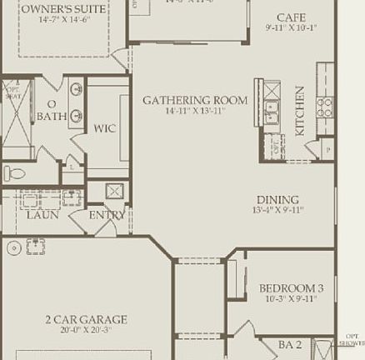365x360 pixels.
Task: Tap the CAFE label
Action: pyautogui.click(x=292, y=17)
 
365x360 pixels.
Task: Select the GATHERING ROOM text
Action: pyautogui.click(x=194, y=100)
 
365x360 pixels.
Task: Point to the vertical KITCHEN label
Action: pyautogui.click(x=300, y=111)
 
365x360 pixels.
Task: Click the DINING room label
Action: pyautogui.click(x=277, y=199)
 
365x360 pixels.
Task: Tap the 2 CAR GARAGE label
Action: pyautogui.click(x=86, y=319)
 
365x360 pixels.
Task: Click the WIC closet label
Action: pyautogui.click(x=105, y=128)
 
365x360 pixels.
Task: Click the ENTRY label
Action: pyautogui.click(x=107, y=215)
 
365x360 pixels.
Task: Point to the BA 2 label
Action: pyautogui.click(x=288, y=343)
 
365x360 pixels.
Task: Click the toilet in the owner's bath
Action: pyautogui.click(x=15, y=173)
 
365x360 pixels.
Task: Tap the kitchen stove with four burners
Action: pyautogui.click(x=324, y=106)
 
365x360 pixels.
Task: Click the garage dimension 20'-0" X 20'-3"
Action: pyautogui.click(x=86, y=330)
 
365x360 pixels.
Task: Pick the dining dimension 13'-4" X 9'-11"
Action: pyautogui.click(x=277, y=210)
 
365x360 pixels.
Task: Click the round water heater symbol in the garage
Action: pyautogui.click(x=12, y=247)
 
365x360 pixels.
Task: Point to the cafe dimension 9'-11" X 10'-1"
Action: pyautogui.click(x=292, y=27)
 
